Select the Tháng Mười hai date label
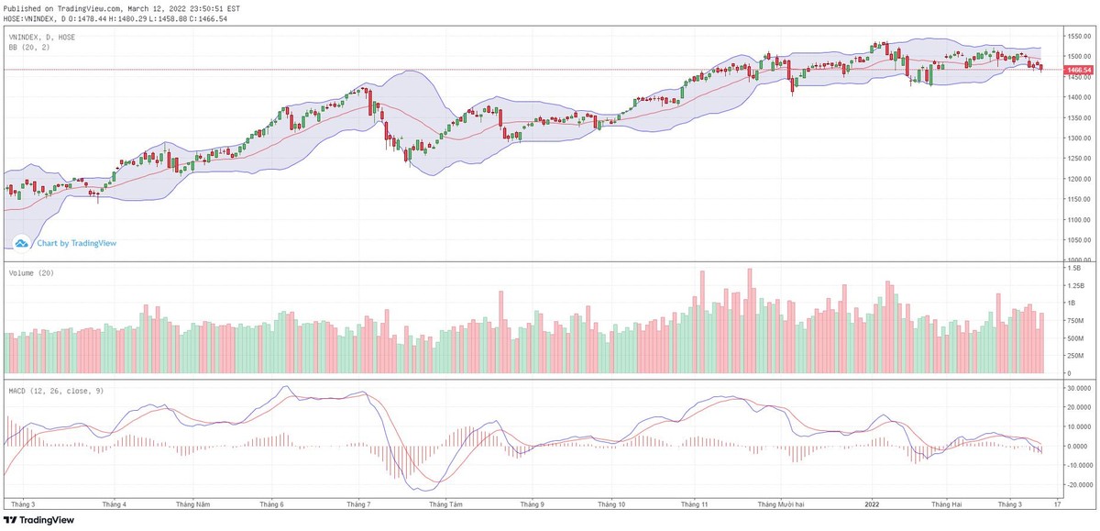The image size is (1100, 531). pyautogui.click(x=781, y=503)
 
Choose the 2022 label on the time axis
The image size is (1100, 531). pyautogui.click(x=873, y=503)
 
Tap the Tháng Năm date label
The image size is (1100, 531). pyautogui.click(x=192, y=503)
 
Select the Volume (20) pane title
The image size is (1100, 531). pyautogui.click(x=28, y=274)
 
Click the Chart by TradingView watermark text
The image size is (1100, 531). pyautogui.click(x=76, y=243)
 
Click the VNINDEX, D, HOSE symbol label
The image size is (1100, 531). pyautogui.click(x=41, y=37)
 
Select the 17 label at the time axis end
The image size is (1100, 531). pyautogui.click(x=1057, y=503)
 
